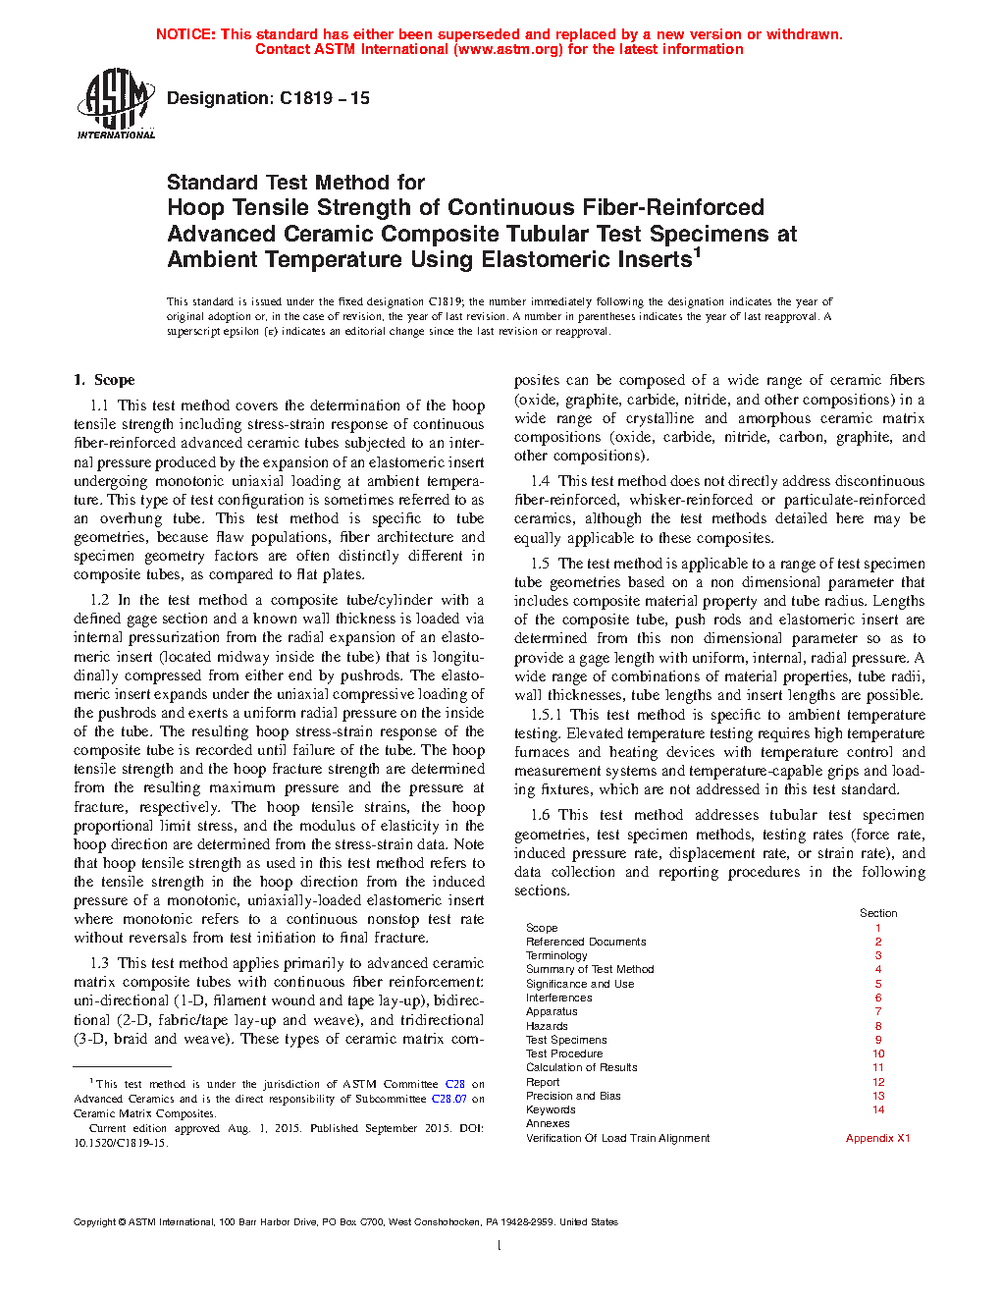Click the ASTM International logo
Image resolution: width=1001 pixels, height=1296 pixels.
[116, 103]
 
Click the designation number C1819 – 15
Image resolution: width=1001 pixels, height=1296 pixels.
[324, 98]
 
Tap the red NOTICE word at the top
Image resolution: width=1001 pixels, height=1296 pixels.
[185, 34]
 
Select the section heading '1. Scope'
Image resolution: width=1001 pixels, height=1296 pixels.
[104, 380]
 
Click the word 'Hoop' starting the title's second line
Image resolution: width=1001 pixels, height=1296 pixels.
[193, 208]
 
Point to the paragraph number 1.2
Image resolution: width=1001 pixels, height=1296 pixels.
[99, 600]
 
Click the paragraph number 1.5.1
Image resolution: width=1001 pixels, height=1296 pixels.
[547, 715]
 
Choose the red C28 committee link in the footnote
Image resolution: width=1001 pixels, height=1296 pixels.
[454, 1085]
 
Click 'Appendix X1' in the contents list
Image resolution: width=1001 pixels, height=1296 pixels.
[877, 1138]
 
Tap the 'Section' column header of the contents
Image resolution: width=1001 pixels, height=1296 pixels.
[878, 913]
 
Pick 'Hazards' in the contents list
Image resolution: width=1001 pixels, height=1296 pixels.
[547, 1026]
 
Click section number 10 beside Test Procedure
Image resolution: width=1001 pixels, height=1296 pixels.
[878, 1053]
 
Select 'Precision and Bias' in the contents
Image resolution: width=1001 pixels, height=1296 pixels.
[573, 1096]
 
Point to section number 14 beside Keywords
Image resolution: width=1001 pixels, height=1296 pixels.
[878, 1109]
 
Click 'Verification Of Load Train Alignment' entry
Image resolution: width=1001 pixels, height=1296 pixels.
[617, 1138]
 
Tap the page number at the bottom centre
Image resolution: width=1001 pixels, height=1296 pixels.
[500, 1246]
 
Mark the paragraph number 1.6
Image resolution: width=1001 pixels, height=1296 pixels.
[540, 815]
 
